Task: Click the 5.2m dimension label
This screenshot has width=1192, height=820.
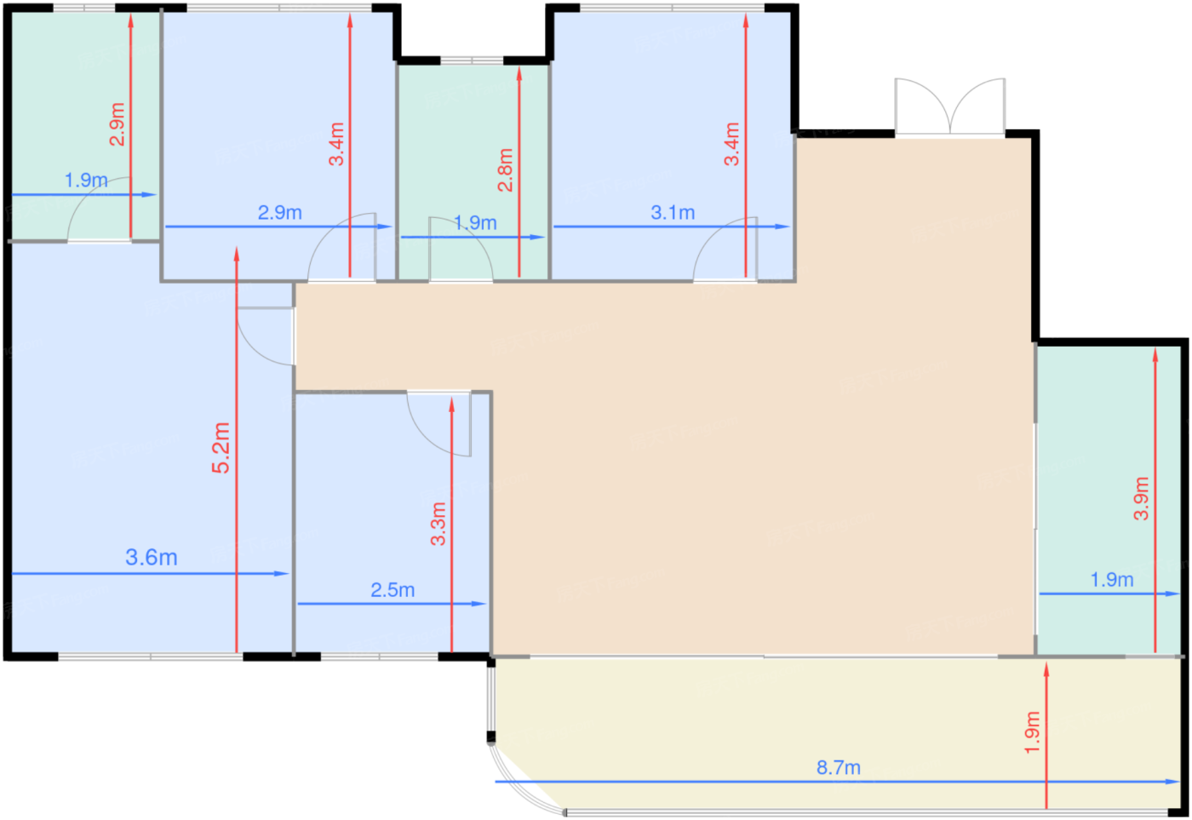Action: (221, 448)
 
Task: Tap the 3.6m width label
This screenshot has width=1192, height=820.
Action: (152, 557)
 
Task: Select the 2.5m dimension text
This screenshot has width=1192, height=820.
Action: (393, 589)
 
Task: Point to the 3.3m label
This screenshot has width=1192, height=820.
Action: (438, 524)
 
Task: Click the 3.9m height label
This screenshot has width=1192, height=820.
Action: (1142, 498)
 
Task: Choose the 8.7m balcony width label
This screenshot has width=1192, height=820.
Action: (838, 767)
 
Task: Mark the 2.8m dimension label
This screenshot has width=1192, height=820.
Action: (505, 169)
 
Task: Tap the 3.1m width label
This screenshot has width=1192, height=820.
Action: (673, 212)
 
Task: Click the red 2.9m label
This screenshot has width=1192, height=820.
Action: (117, 124)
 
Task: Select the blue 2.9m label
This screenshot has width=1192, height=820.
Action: (279, 212)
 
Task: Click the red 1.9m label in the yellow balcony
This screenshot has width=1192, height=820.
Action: (1032, 732)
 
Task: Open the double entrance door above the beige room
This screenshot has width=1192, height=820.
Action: (950, 106)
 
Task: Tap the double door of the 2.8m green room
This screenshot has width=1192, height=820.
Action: (461, 248)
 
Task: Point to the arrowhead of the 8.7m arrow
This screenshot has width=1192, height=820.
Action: (1173, 782)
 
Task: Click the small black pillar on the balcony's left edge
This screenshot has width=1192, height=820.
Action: (490, 737)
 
